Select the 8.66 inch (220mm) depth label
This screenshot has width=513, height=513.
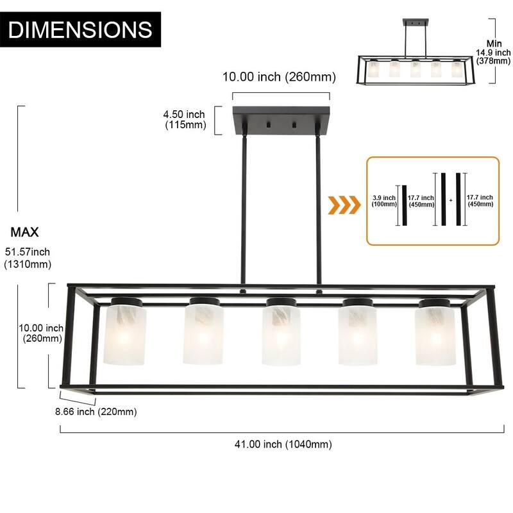point(96,411)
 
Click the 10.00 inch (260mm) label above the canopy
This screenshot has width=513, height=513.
point(279,77)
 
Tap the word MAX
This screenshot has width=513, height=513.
point(24,231)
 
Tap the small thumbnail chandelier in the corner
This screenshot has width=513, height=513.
point(410,62)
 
